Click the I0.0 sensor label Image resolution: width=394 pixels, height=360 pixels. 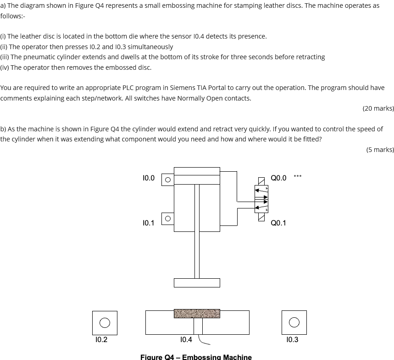(x=149, y=178)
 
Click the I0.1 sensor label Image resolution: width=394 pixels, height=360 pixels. (x=149, y=223)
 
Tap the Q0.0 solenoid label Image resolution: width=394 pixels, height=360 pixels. (x=278, y=178)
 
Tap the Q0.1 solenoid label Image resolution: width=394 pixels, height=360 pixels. (x=278, y=223)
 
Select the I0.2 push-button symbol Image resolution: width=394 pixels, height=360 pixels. (x=105, y=323)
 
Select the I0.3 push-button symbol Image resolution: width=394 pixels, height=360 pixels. (x=294, y=323)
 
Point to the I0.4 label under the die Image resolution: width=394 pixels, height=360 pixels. (x=186, y=340)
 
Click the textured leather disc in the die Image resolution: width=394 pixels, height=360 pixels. (x=197, y=314)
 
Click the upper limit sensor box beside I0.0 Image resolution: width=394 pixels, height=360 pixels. (x=168, y=180)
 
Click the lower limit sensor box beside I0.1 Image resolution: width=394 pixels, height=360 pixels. (x=168, y=219)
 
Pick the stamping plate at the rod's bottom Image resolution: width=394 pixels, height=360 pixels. (x=197, y=283)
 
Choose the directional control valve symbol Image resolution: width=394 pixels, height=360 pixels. (x=261, y=199)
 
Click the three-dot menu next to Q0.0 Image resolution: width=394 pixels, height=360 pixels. (x=298, y=176)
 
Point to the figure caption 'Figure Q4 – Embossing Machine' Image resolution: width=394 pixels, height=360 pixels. (x=196, y=357)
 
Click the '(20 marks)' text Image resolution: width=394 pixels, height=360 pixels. (x=378, y=108)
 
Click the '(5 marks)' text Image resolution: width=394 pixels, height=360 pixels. (x=380, y=150)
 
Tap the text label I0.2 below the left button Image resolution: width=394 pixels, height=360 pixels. (x=101, y=340)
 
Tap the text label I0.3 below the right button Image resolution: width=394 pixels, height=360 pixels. (x=292, y=340)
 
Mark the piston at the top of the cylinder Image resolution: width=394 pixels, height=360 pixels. (x=197, y=180)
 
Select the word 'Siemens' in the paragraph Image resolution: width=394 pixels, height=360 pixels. (x=183, y=88)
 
